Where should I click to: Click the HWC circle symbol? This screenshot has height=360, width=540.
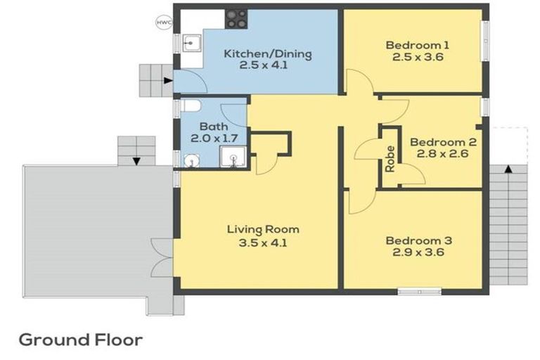pyautogui.click(x=164, y=22)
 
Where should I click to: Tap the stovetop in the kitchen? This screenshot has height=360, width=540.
pyautogui.click(x=236, y=19)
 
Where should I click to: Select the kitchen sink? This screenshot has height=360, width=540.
pyautogui.click(x=191, y=43)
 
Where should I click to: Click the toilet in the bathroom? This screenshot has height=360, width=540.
pyautogui.click(x=191, y=105)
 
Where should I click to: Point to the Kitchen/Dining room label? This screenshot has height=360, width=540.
pyautogui.click(x=268, y=54)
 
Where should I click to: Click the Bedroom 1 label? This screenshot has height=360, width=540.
pyautogui.click(x=418, y=45)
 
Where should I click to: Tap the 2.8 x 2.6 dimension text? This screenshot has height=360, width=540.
pyautogui.click(x=442, y=153)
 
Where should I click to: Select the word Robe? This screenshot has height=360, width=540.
pyautogui.click(x=390, y=159)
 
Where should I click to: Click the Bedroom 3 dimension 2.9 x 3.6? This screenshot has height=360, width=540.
pyautogui.click(x=418, y=252)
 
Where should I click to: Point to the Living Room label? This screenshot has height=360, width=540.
pyautogui.click(x=263, y=229)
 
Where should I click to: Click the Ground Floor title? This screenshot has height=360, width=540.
pyautogui.click(x=81, y=340)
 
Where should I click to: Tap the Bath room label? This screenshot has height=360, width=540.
pyautogui.click(x=214, y=127)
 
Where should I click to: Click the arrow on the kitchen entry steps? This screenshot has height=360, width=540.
pyautogui.click(x=168, y=81)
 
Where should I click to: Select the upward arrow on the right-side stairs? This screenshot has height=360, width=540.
pyautogui.click(x=508, y=169)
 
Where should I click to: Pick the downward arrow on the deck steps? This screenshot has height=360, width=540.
pyautogui.click(x=136, y=161)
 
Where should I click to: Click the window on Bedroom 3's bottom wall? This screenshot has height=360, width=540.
pyautogui.click(x=420, y=292)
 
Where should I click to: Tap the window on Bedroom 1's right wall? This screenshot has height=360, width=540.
pyautogui.click(x=485, y=41)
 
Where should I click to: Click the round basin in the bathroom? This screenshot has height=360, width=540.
pyautogui.click(x=191, y=160)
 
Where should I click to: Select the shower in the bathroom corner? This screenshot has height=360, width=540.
pyautogui.click(x=233, y=157)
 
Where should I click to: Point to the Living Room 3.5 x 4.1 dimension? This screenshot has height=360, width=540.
pyautogui.click(x=263, y=243)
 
